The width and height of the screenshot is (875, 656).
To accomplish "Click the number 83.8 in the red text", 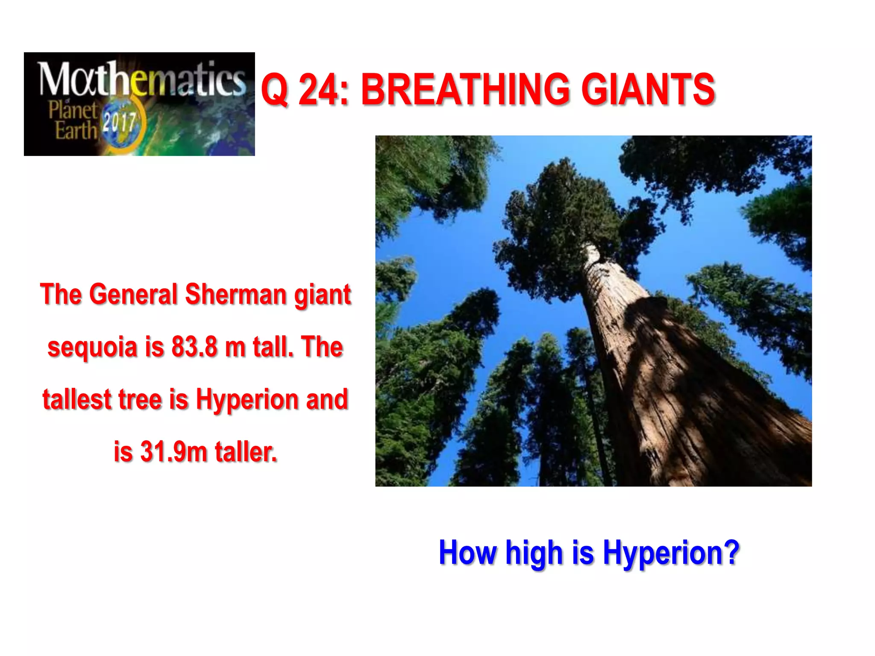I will point(194,347).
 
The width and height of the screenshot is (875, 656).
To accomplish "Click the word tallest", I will point(77,399).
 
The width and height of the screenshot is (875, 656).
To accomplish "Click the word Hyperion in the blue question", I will point(671,553).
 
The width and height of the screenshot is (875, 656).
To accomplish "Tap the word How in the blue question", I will point(467,552).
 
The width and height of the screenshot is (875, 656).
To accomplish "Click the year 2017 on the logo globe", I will point(119,123).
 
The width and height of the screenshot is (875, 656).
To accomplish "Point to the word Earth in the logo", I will point(76,130).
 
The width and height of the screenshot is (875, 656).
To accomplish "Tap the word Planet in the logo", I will point(73,110).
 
